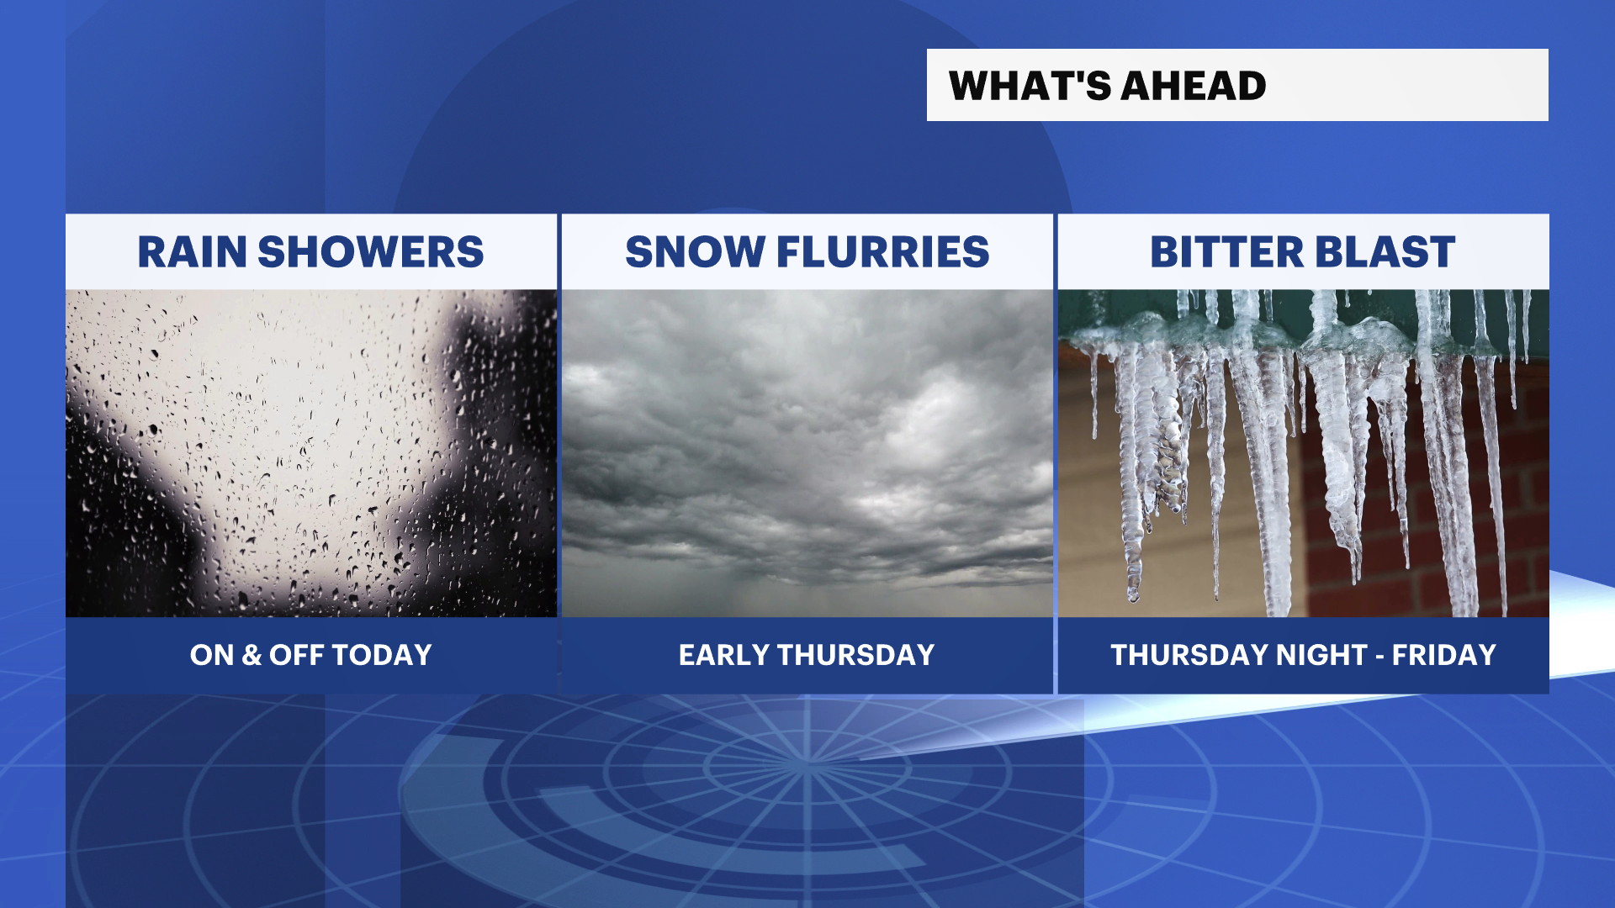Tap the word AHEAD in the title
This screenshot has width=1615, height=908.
coord(1194,86)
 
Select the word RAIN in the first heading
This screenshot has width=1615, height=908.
coord(192,252)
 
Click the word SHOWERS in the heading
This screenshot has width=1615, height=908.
coord(371,252)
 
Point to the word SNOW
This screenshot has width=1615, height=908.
coord(695,252)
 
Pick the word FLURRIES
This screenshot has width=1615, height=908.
coord(883,252)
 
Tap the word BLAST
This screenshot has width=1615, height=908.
coord(1385,252)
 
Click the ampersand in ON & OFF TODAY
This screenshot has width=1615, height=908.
coord(252,655)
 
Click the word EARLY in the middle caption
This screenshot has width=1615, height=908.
coord(724,655)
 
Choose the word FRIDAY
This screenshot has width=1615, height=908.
coord(1444,655)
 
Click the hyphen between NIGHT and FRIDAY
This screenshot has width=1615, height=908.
coord(1379,657)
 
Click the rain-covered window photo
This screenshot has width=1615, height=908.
coord(311,453)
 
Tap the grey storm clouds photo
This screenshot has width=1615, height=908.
coord(807,453)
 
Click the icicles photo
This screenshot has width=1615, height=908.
coord(1303,453)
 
